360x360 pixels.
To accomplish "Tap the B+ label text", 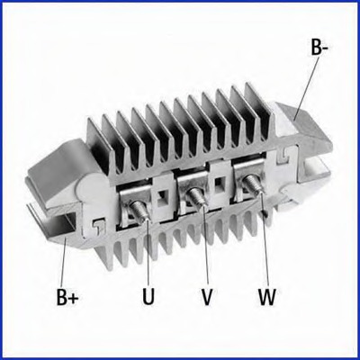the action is point(67,296).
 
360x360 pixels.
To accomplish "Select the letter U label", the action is point(148,296).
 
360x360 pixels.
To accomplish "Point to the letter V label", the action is point(207,296).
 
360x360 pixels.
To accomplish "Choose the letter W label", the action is point(266,296).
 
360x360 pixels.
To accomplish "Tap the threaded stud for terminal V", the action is point(196,196).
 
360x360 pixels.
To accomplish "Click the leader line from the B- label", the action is point(304,88).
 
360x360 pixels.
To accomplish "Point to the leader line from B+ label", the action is point(64,262).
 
